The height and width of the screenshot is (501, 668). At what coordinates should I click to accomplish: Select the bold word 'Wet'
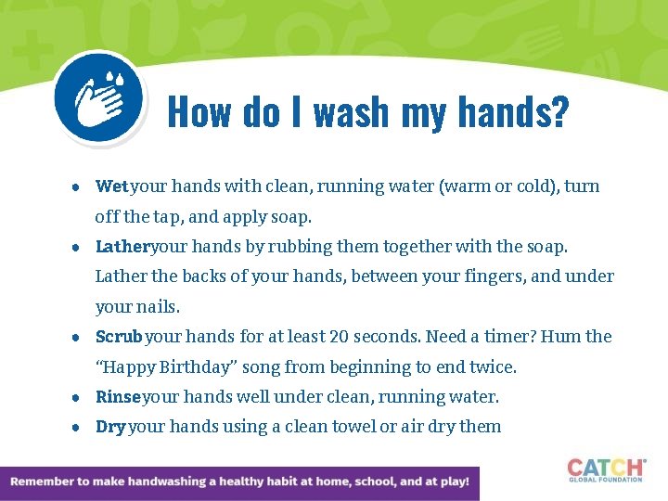[111, 186]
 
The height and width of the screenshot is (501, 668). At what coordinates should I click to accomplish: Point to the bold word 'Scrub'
[120, 337]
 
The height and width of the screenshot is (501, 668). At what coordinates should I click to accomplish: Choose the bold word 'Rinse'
[118, 397]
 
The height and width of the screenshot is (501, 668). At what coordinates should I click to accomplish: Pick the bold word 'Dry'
[110, 427]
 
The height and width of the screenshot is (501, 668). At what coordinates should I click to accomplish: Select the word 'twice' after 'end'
[494, 366]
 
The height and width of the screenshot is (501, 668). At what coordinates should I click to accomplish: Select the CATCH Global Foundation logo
[606, 469]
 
